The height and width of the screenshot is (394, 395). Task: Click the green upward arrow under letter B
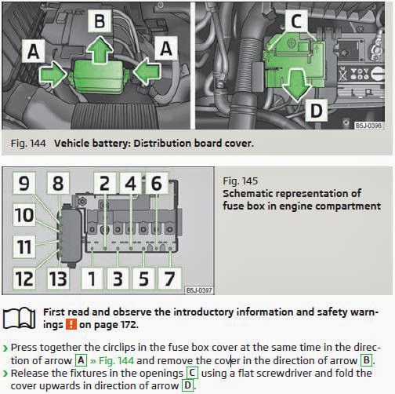point(99,51)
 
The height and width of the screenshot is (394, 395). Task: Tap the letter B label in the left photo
point(100,20)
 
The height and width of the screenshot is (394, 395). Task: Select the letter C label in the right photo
point(294,22)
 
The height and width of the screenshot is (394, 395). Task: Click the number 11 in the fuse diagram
point(24,248)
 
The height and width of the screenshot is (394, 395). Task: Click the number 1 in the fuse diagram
point(92,278)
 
